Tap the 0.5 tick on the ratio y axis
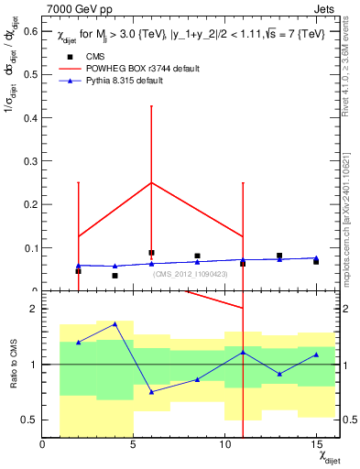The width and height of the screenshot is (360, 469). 29,420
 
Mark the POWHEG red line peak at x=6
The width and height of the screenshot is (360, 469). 151,182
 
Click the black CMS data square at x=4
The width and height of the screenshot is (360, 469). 115,276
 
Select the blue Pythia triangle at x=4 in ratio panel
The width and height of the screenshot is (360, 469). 115,324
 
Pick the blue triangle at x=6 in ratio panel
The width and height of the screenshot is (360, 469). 151,391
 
